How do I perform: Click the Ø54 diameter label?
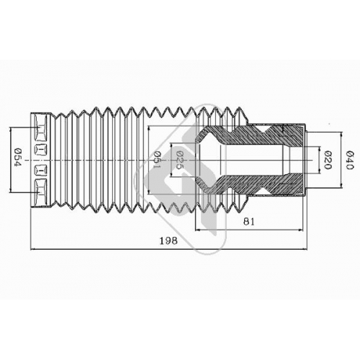pyautogui.click(x=18, y=158)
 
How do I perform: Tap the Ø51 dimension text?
pyautogui.click(x=156, y=160)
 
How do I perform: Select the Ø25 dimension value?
pyautogui.click(x=179, y=160)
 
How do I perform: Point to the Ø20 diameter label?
pyautogui.click(x=328, y=160)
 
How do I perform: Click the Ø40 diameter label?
pyautogui.click(x=350, y=160)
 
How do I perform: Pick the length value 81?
pyautogui.click(x=249, y=222)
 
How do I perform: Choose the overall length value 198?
pyautogui.click(x=168, y=240)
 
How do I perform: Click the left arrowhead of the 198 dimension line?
pyautogui.click(x=33, y=249)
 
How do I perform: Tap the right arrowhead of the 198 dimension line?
pyautogui.click(x=305, y=249)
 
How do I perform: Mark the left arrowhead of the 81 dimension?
pyautogui.click(x=198, y=230)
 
